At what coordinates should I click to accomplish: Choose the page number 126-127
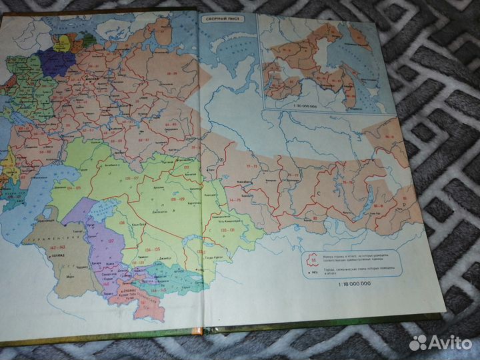[x=131, y=179]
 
